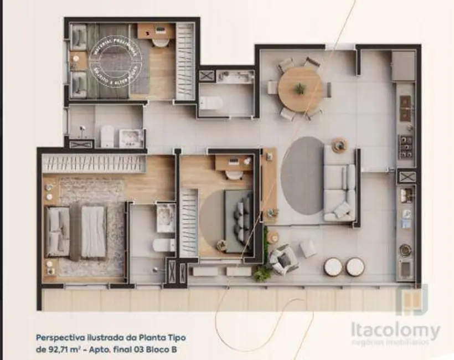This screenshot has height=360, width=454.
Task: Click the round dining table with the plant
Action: tap(300, 89)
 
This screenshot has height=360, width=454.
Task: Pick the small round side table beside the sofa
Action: tap(339, 146)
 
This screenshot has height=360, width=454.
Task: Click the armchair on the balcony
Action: tap(282, 259)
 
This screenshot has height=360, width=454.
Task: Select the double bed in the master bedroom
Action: tap(78, 232)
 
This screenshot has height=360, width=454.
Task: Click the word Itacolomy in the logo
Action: tap(395, 331)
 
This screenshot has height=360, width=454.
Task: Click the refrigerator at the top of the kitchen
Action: tap(403, 66)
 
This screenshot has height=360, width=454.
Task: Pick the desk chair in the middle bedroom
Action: tap(234, 176)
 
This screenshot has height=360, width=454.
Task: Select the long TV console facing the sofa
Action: tap(269, 186)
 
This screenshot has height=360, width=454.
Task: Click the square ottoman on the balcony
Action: tap(308, 249)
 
